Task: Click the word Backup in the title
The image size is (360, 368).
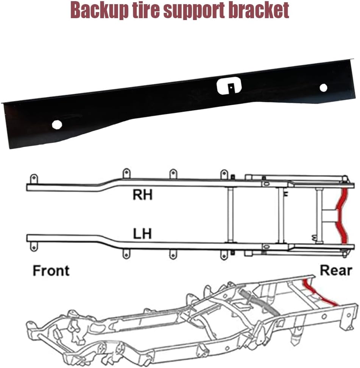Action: [99, 11]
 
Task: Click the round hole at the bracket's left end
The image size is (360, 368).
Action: [57, 125]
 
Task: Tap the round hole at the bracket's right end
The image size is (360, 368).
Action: [324, 88]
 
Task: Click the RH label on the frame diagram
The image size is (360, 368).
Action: [143, 195]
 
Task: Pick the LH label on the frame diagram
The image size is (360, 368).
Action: [142, 234]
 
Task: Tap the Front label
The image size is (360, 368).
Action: [51, 270]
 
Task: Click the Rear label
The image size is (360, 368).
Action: [336, 270]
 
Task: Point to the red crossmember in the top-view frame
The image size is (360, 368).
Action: [342, 216]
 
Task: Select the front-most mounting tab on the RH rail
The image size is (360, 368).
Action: [34, 179]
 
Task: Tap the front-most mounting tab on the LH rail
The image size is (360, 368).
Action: [34, 247]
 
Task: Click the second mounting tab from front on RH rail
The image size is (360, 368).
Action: [126, 174]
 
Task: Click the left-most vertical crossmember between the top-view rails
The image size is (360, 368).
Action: [230, 215]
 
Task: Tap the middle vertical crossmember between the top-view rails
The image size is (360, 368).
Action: [281, 215]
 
